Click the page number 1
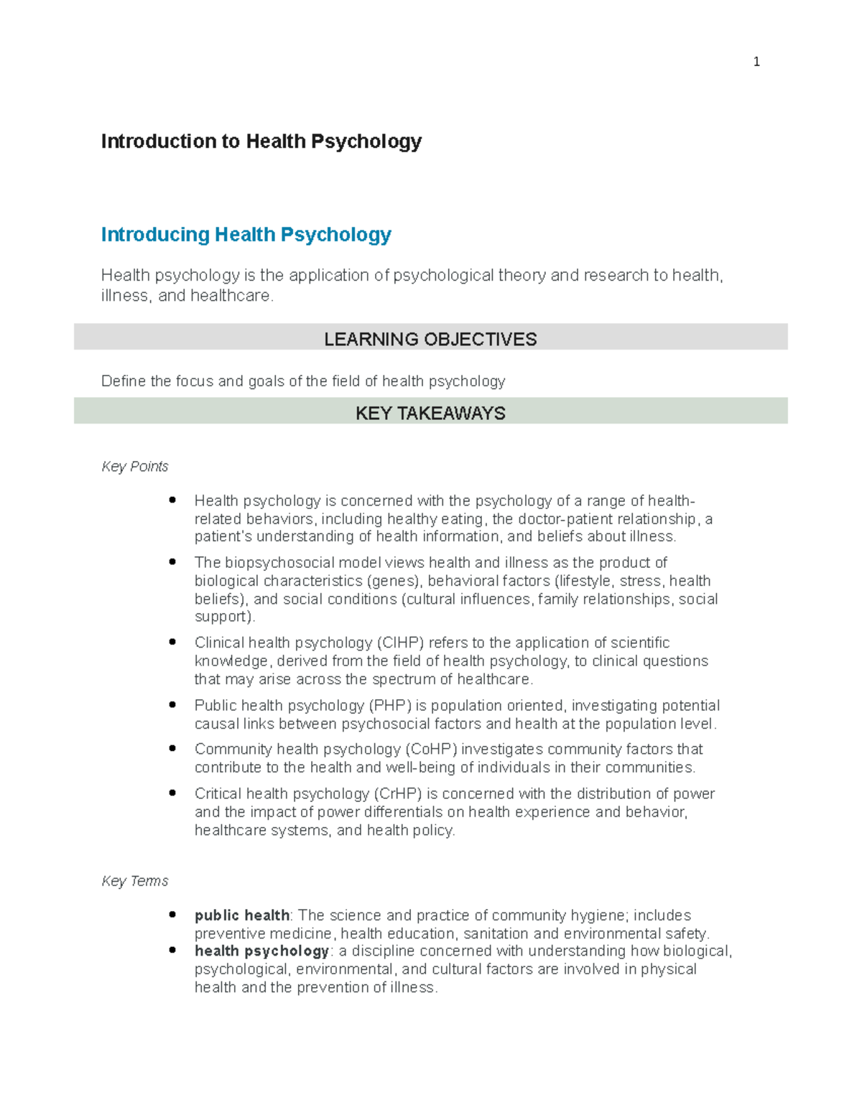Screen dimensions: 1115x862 756,62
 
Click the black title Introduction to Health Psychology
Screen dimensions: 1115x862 261,141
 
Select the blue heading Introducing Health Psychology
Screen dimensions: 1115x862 246,235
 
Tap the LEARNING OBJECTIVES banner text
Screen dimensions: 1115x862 430,339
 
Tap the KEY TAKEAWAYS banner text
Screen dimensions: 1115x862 430,413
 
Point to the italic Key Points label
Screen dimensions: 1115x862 135,467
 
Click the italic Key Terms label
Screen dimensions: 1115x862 135,881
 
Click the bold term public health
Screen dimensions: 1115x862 242,915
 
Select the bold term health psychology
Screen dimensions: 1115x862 261,951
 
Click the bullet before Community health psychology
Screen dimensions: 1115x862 172,749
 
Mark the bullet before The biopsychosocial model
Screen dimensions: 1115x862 172,562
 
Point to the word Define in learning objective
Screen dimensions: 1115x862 123,381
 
